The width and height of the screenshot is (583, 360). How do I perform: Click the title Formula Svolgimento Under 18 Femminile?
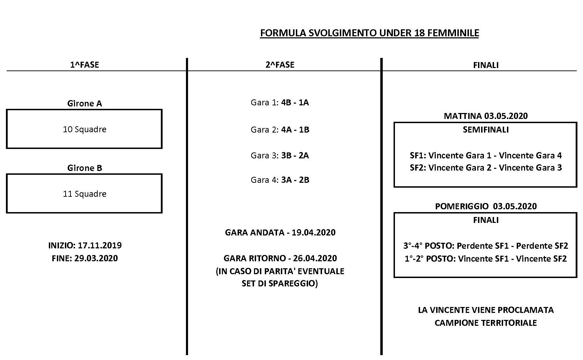pos(369,33)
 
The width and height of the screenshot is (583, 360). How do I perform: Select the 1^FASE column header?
pos(84,65)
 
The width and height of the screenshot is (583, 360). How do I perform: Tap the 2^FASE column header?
pos(280,65)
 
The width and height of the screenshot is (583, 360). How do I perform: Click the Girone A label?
pos(84,103)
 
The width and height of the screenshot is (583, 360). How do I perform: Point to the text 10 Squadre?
pos(84,129)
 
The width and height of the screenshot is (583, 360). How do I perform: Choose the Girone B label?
pos(84,168)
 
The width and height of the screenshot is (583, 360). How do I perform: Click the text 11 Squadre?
pos(84,194)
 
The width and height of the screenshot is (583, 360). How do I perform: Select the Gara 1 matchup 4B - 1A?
pos(295,102)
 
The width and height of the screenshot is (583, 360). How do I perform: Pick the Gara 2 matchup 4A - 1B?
pos(295,129)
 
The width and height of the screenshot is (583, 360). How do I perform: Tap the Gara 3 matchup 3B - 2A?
pos(295,155)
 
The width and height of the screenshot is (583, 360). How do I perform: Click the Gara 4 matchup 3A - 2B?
pos(295,180)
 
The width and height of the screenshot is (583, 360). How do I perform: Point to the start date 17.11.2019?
pos(100,245)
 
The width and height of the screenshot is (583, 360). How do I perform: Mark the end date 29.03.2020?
pos(96,258)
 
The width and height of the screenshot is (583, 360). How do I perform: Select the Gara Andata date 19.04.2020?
pos(313,232)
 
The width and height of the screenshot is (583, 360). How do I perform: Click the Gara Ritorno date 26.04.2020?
pos(315,258)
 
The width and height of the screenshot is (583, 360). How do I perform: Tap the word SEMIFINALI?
pos(486,130)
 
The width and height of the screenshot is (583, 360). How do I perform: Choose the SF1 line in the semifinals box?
pos(486,155)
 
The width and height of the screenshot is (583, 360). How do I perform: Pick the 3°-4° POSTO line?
pos(486,246)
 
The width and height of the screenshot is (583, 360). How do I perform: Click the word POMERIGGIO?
pos(462,206)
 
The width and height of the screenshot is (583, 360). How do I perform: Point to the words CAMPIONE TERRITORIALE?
pos(486,323)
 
